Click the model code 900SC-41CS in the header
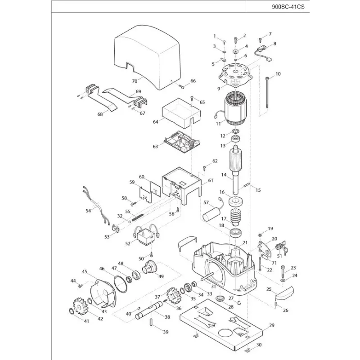(288, 7)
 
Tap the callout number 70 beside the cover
(135, 81)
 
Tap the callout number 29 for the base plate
(272, 325)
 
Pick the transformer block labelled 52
(145, 237)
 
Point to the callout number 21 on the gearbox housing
(245, 243)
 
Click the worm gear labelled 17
(235, 217)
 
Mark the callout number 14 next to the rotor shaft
(224, 175)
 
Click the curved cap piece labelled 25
(284, 293)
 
